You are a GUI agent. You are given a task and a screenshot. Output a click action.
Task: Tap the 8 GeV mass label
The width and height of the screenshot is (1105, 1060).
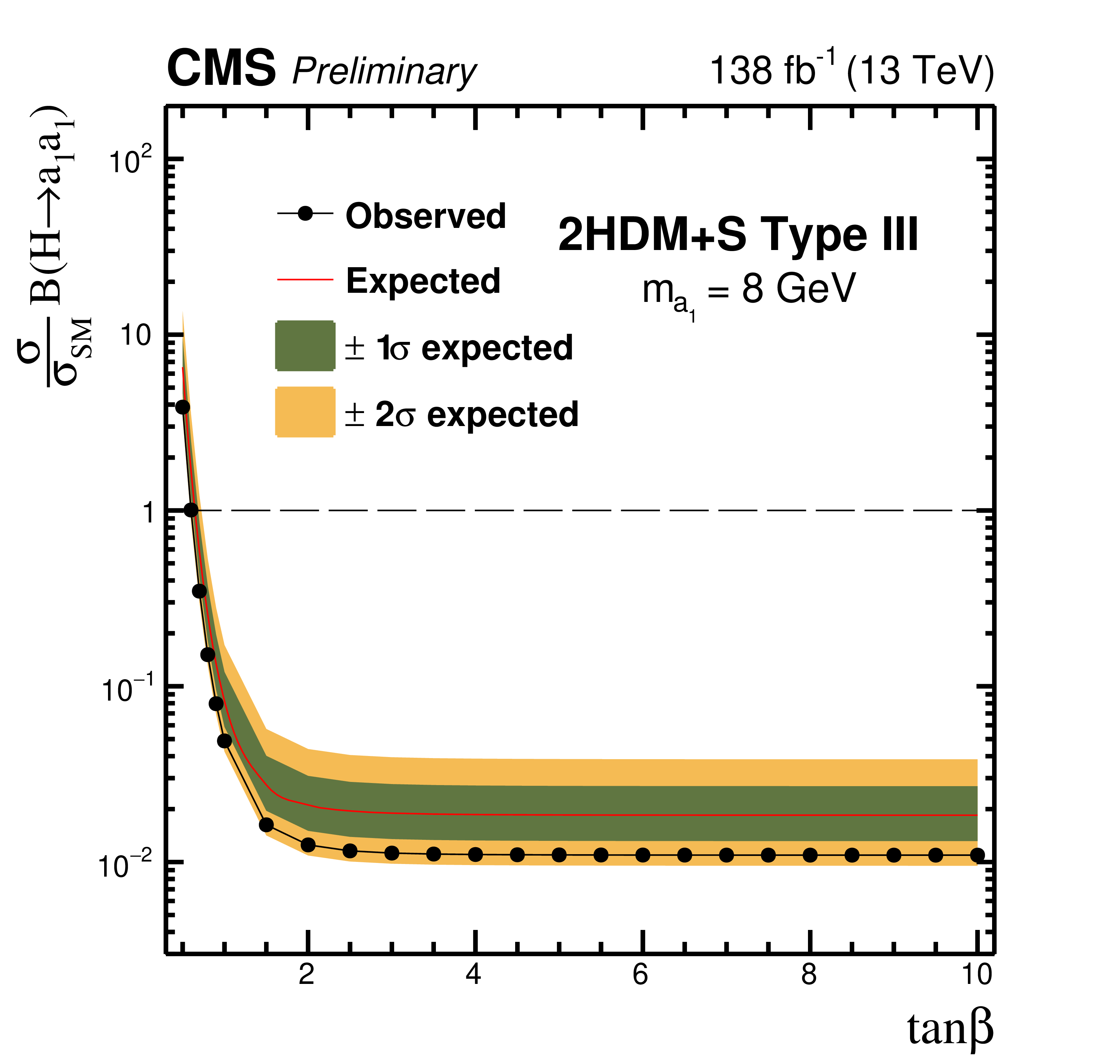[x=798, y=289]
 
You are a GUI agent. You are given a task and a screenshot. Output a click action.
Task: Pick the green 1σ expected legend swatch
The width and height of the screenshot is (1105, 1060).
[x=305, y=346]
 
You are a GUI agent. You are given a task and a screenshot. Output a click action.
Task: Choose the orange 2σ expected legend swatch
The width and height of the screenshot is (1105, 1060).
[x=305, y=412]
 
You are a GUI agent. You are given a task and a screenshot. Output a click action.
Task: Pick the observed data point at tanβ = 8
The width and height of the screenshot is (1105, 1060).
[x=810, y=855]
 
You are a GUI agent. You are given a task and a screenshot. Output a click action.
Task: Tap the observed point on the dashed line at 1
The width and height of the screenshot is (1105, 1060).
[x=191, y=510]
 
